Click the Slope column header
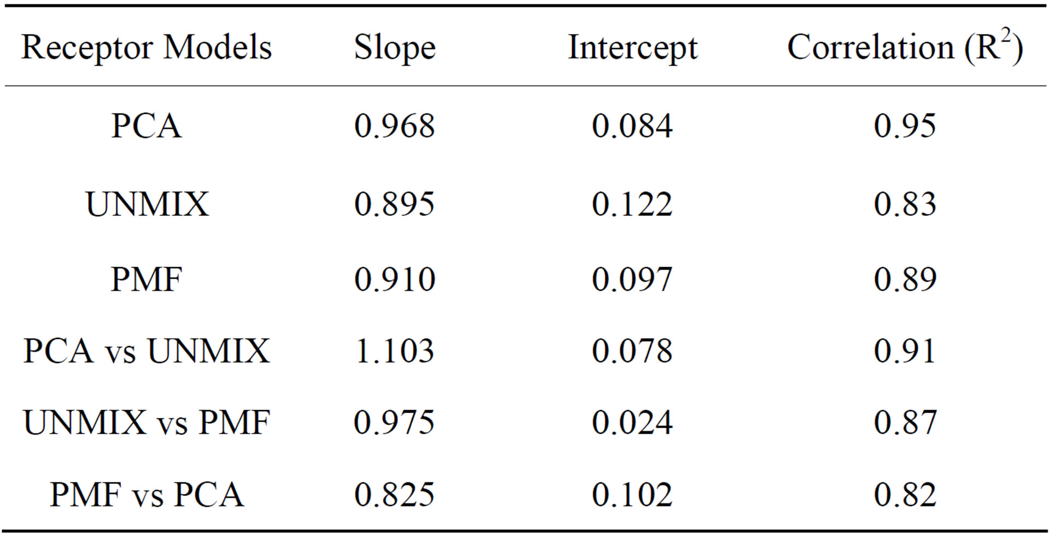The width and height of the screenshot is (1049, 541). (395, 48)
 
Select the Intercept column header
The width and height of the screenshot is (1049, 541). (633, 48)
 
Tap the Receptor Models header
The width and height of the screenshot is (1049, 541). (147, 47)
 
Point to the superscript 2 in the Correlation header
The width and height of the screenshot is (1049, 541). (1006, 37)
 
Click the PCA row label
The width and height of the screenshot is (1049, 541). (146, 126)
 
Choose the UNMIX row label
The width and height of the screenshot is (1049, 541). (147, 204)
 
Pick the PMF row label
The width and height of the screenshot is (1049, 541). (146, 279)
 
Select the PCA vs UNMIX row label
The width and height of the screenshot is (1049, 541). (147, 350)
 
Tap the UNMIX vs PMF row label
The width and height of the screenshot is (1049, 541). (147, 422)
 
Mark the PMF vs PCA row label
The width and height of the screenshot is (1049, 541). (147, 494)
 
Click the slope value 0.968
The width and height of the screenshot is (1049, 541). (394, 126)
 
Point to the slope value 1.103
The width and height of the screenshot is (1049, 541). (394, 350)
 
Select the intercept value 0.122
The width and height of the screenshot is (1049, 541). (632, 204)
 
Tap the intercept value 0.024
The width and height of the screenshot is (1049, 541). (632, 422)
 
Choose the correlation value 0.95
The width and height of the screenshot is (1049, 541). (905, 126)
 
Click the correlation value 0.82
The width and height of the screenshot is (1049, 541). (905, 494)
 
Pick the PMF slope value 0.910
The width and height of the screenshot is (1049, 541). (394, 279)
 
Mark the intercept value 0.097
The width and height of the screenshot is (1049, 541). (632, 279)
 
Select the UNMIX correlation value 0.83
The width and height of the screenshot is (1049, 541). (905, 204)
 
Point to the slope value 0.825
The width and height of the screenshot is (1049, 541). (394, 494)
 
